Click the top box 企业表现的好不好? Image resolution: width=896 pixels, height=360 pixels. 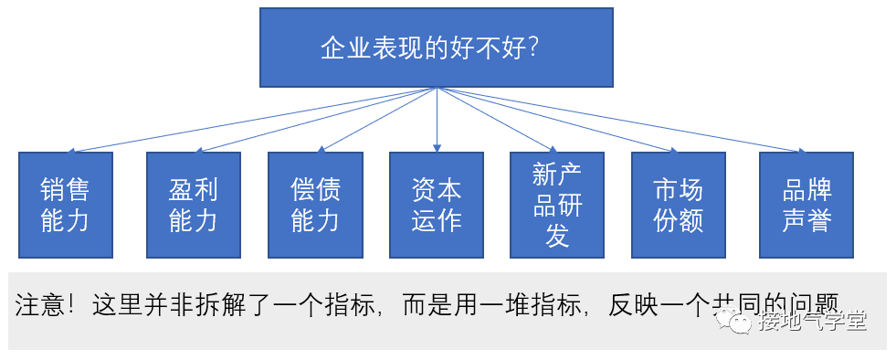pyautogui.click(x=436, y=48)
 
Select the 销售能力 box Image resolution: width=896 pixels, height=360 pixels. pyautogui.click(x=66, y=205)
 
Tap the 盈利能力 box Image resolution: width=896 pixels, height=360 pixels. pyautogui.click(x=194, y=205)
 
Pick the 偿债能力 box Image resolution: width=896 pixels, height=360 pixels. pyautogui.click(x=315, y=205)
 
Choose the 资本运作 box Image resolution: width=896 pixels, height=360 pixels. pyautogui.click(x=436, y=205)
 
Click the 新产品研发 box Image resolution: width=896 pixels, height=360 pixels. pyautogui.click(x=557, y=205)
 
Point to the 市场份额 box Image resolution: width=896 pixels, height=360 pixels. pyautogui.click(x=679, y=205)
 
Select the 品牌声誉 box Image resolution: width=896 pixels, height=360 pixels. pyautogui.click(x=806, y=205)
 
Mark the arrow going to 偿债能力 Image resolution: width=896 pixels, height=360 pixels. pyautogui.click(x=374, y=120)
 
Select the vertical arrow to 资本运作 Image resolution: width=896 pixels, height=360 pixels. pyautogui.click(x=437, y=120)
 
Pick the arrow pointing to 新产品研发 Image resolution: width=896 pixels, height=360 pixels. pyautogui.click(x=496, y=120)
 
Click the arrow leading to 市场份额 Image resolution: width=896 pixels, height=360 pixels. pyautogui.click(x=557, y=120)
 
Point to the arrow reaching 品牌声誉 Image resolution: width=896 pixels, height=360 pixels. pyautogui.click(x=621, y=120)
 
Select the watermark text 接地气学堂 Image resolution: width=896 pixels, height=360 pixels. pyautogui.click(x=811, y=321)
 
